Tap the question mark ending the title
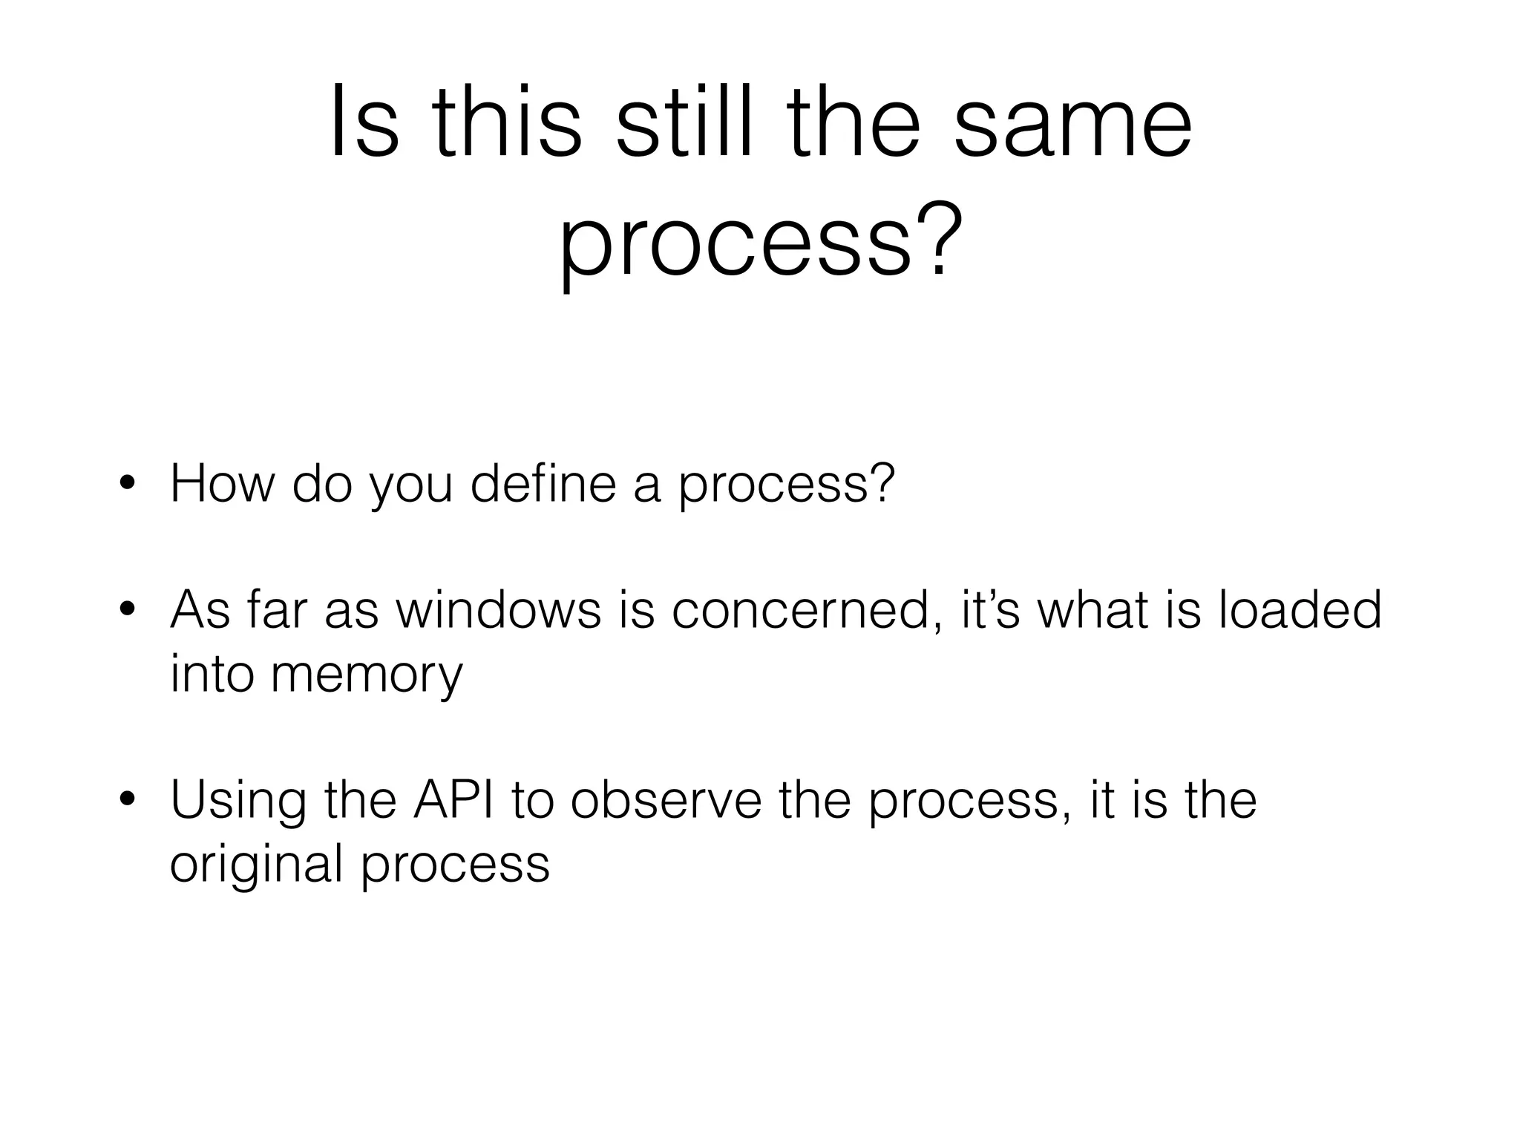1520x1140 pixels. point(931,239)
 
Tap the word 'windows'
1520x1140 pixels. point(498,610)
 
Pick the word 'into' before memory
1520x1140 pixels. point(212,674)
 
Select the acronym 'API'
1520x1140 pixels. point(453,799)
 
